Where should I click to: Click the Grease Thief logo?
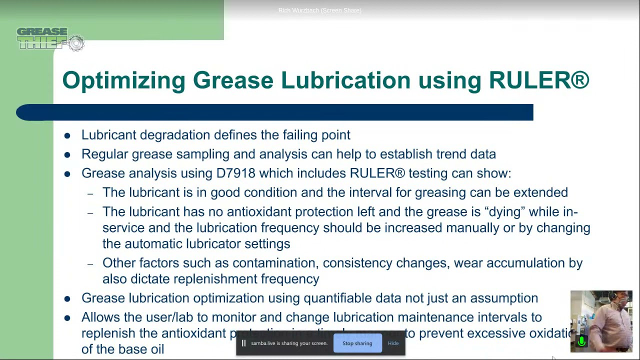pos(50,39)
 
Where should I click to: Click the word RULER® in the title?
pos(539,80)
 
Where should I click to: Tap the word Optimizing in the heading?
pos(123,80)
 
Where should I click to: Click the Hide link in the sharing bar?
pos(393,343)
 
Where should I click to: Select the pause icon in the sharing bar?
pos(243,343)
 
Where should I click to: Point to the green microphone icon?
pos(581,341)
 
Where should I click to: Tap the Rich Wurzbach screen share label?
pos(319,10)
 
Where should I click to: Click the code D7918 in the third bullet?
pos(235,173)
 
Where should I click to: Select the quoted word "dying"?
pos(504,212)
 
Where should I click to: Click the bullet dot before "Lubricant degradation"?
pos(67,135)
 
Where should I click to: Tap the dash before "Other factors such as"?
pos(90,264)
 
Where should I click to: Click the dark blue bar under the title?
pos(274,112)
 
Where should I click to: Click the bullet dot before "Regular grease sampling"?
pos(67,154)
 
